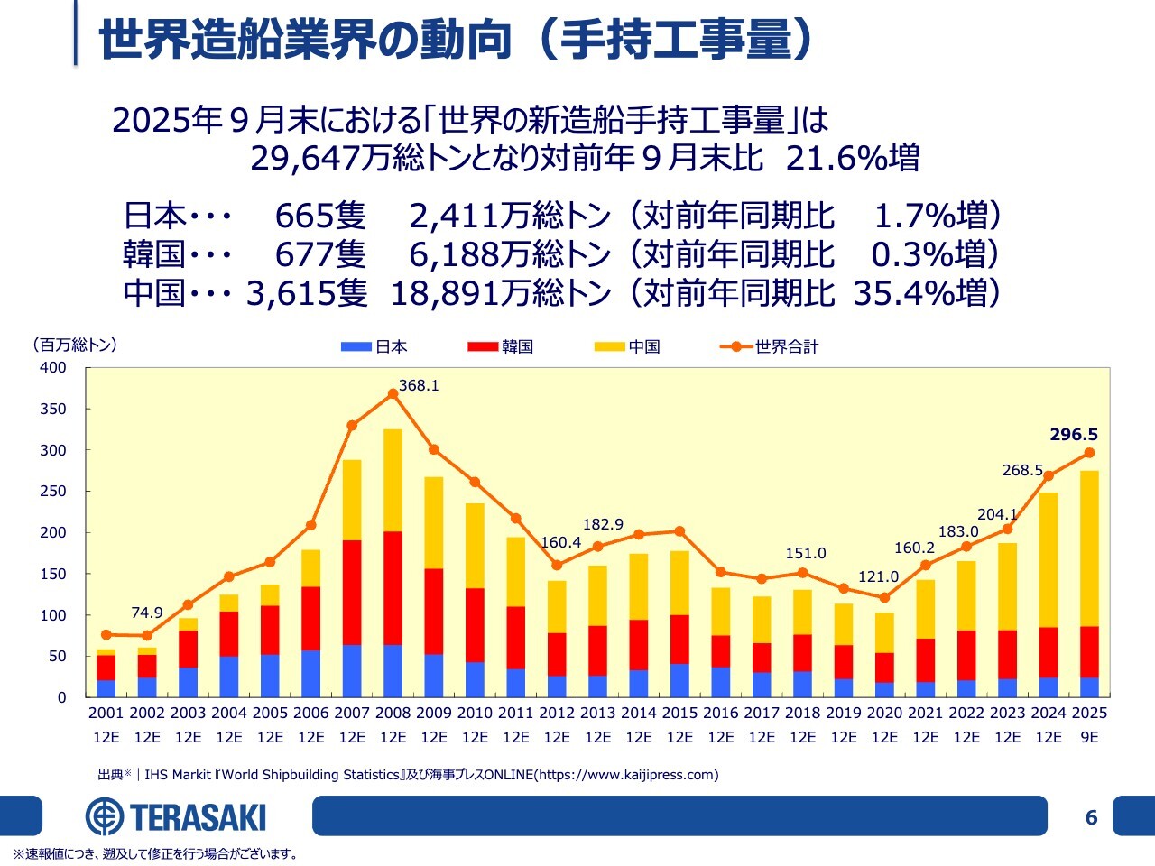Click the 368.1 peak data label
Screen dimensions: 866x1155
(419, 385)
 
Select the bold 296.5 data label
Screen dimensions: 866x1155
(1074, 434)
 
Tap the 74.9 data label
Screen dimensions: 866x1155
(147, 613)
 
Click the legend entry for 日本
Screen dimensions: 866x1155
(374, 346)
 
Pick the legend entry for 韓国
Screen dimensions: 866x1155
(501, 346)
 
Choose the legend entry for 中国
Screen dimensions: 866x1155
(628, 346)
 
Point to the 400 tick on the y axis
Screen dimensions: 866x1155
(53, 367)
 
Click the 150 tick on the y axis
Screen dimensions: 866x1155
(53, 574)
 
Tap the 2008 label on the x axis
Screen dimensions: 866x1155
(393, 713)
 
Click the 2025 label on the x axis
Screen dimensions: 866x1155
(1089, 713)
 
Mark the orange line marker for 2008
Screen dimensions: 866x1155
(393, 393)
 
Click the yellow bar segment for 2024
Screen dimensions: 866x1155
(1049, 559)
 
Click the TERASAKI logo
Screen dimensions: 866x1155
(176, 817)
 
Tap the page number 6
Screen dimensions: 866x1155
(1091, 817)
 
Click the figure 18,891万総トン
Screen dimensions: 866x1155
(501, 292)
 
